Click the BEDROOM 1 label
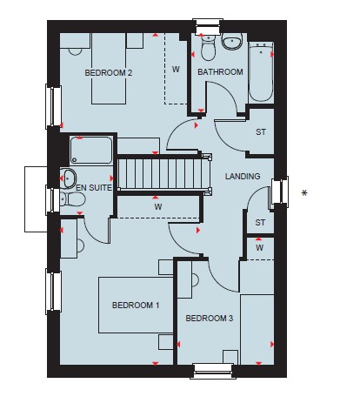tap(136, 306)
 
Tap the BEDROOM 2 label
tap(109, 72)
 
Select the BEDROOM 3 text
tap(210, 319)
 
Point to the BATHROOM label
tap(220, 71)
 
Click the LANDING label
tap(243, 176)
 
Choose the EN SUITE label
tap(94, 188)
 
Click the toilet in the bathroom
tap(208, 48)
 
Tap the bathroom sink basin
tap(232, 42)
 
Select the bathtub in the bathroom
tap(261, 72)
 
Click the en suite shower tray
tap(91, 150)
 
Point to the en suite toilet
tap(72, 199)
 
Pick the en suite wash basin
tap(69, 178)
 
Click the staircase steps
tap(163, 173)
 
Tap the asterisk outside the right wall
tap(304, 193)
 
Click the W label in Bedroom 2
tap(176, 70)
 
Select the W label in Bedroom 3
tap(260, 248)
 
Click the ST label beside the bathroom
tap(261, 132)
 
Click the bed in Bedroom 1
tap(136, 305)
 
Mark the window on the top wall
tap(208, 27)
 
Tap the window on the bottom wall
tap(213, 371)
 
